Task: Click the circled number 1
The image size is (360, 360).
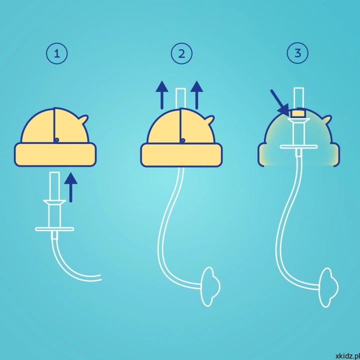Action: (x=57, y=53)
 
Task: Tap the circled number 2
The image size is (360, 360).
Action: (x=181, y=53)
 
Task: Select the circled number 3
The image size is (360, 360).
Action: (x=297, y=53)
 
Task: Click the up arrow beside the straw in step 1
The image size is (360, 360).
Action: (x=70, y=187)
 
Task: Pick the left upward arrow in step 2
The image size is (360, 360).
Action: (x=162, y=95)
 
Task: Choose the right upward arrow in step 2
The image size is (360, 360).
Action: (x=197, y=95)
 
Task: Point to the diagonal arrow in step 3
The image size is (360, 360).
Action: (x=279, y=102)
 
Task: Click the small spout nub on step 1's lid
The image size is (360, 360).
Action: (x=84, y=119)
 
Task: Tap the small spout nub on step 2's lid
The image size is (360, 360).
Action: (x=210, y=119)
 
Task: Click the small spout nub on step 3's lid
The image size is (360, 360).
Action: (x=327, y=119)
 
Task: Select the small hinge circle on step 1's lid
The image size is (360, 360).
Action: (x=56, y=140)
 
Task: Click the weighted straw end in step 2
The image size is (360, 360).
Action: (x=210, y=286)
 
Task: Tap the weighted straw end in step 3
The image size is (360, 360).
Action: (x=328, y=287)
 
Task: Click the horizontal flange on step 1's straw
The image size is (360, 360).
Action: (x=54, y=229)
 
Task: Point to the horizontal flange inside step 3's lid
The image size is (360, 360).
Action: (x=299, y=146)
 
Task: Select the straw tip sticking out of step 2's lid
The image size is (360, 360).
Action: (x=180, y=98)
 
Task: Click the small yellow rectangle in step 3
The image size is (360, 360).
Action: (x=298, y=113)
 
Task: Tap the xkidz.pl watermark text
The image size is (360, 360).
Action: (x=347, y=356)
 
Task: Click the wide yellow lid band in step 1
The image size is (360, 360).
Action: (x=55, y=154)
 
